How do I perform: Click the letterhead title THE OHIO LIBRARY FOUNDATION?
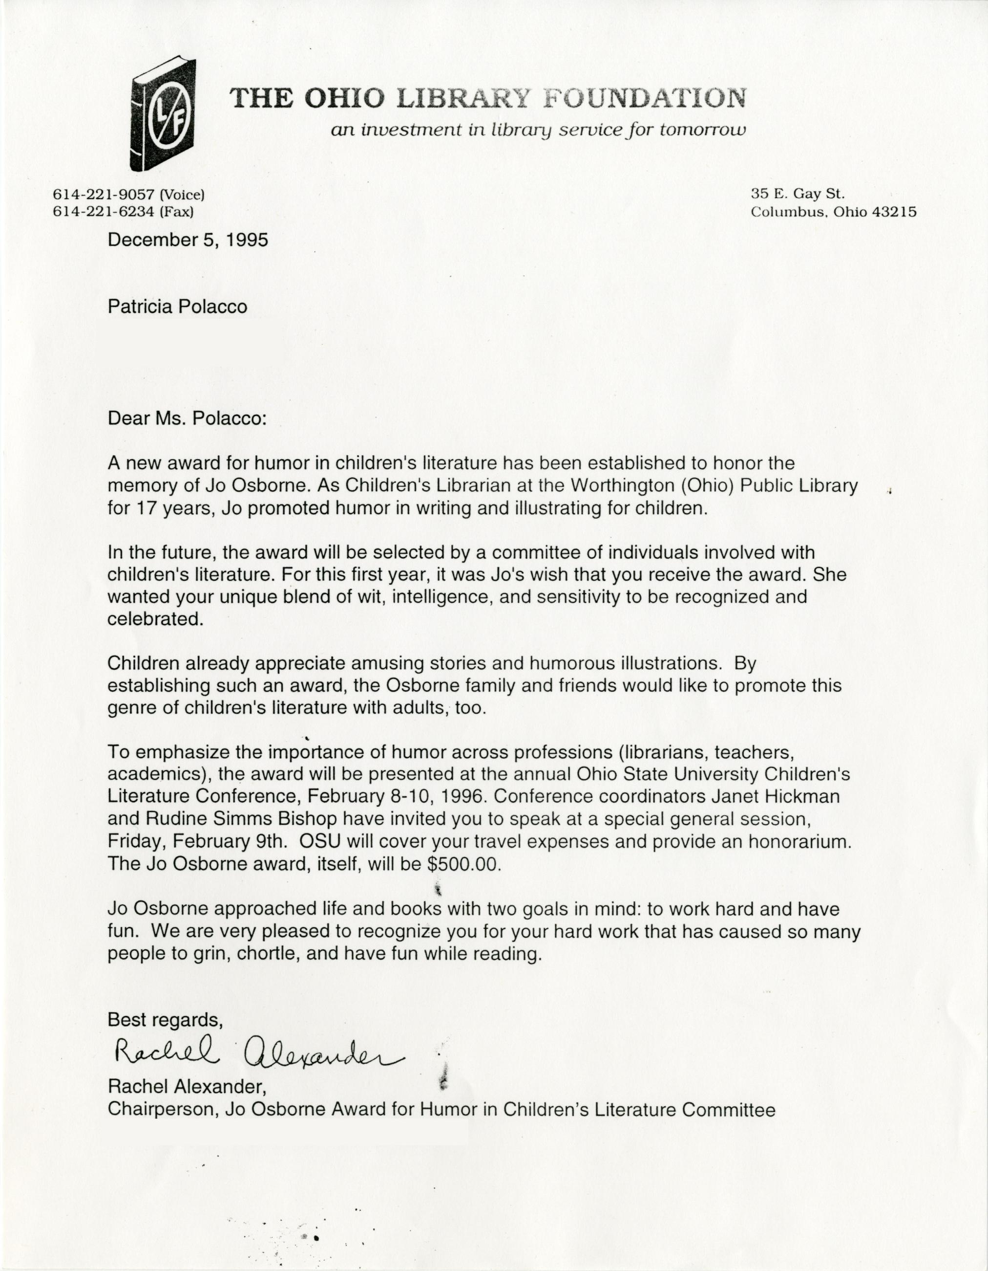(487, 98)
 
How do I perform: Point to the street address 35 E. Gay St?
(797, 195)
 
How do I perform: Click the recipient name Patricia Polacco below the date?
(177, 307)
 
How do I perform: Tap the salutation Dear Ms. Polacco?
(187, 419)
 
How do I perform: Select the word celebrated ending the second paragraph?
(155, 618)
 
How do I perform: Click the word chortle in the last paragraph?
(268, 954)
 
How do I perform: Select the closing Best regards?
(165, 1020)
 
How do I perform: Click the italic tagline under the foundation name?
(537, 130)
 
